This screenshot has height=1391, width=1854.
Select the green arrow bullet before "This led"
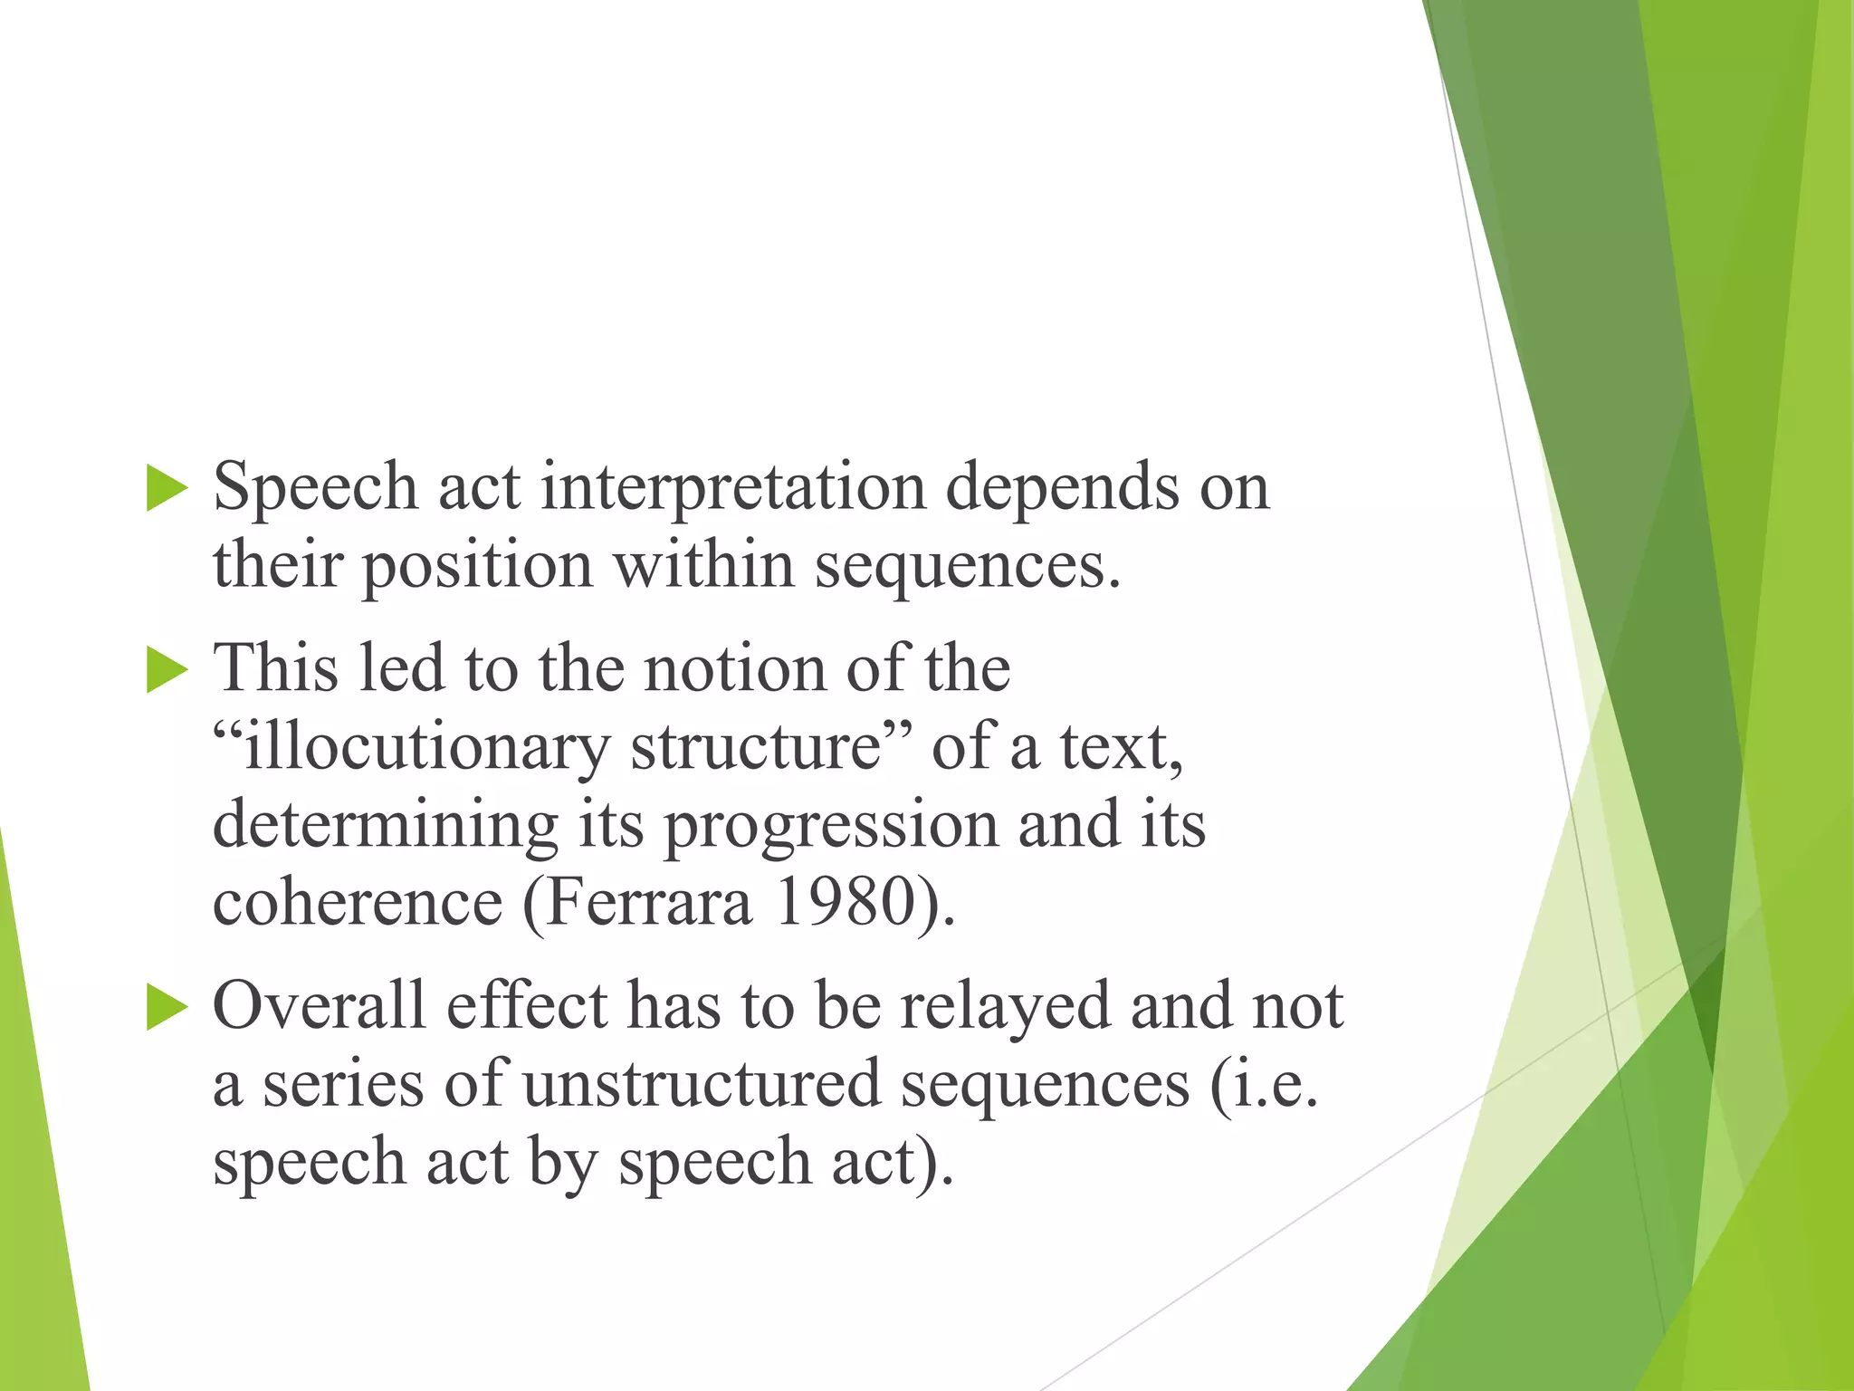(x=166, y=671)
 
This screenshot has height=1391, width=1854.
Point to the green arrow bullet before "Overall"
(x=166, y=1008)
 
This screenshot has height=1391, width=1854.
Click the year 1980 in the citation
(x=844, y=903)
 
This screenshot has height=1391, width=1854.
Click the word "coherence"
(x=358, y=903)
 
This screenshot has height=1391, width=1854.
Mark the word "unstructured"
(x=702, y=1084)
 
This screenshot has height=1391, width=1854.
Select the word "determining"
(x=386, y=826)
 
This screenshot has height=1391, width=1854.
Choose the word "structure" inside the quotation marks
(x=756, y=748)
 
